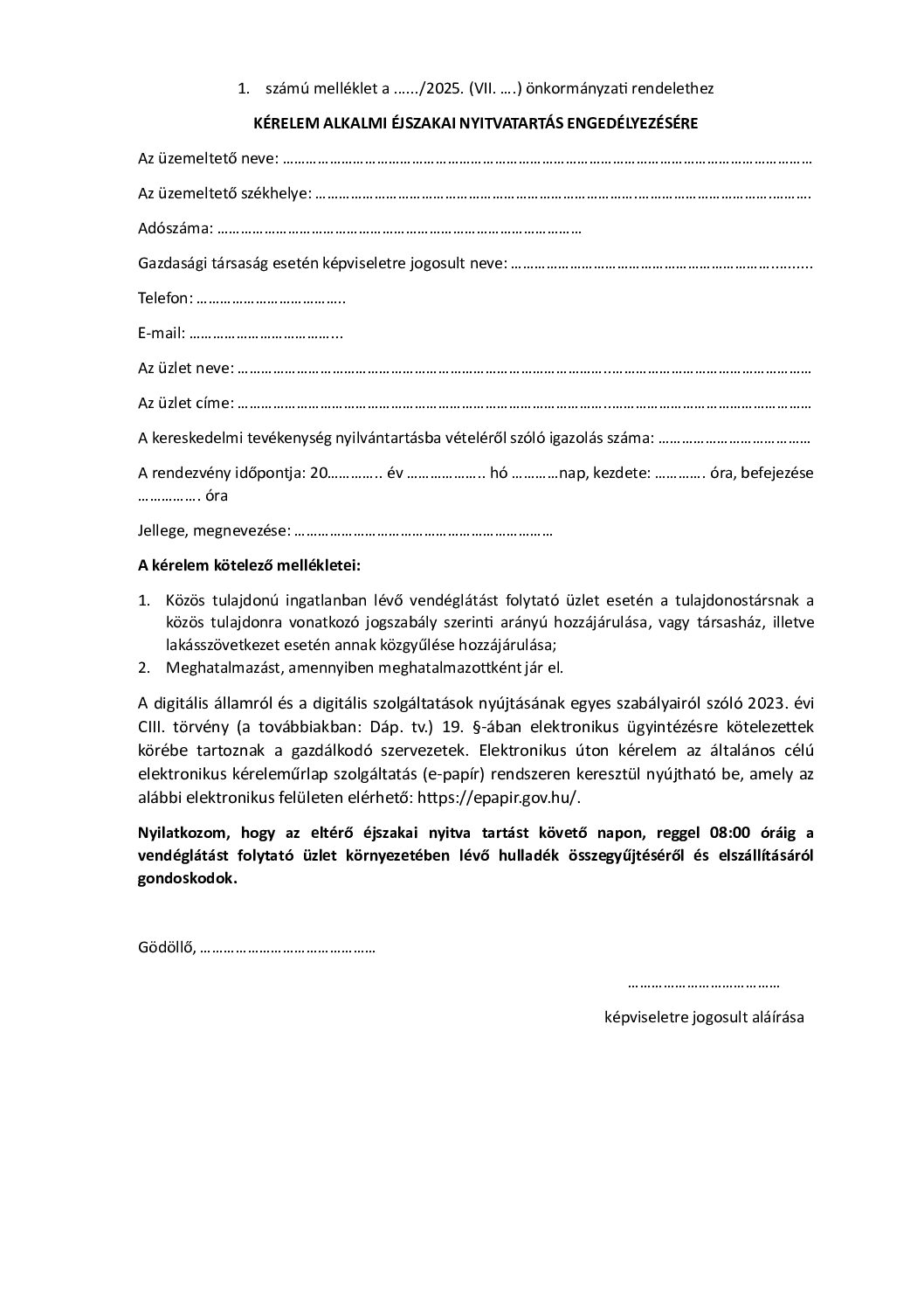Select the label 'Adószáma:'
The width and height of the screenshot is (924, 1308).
click(x=175, y=229)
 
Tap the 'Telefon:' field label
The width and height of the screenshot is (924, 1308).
click(x=165, y=299)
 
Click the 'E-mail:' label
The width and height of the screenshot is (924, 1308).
click(x=162, y=334)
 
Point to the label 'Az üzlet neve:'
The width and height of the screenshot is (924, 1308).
click(x=185, y=369)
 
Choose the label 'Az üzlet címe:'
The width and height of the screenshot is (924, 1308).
click(x=185, y=404)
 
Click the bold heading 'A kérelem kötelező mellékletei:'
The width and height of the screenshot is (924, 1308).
click(x=249, y=565)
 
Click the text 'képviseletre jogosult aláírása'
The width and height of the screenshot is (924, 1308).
click(x=704, y=1017)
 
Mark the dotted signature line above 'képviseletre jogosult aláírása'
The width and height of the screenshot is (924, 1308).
click(x=704, y=985)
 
